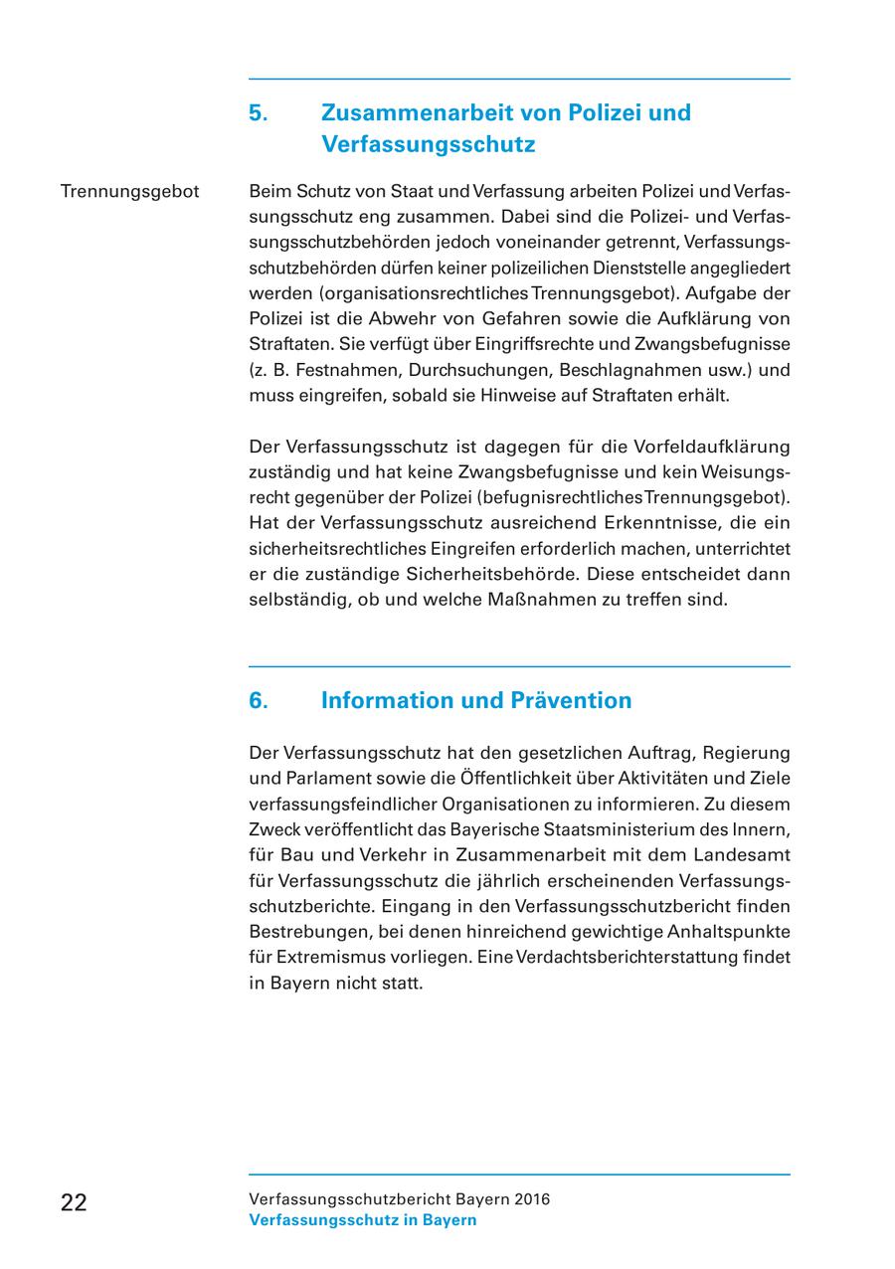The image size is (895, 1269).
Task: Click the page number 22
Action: pos(74,1202)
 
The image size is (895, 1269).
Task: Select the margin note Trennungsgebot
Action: pos(129,190)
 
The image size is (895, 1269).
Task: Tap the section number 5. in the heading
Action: pos(259,112)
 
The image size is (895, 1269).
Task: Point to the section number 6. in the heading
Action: pos(259,700)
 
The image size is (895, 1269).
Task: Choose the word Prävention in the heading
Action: pos(571,700)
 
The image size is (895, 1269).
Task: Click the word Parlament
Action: pos(325,778)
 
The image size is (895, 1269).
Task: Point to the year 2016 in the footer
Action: pos(531,1199)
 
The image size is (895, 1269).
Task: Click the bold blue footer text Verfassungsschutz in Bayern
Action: pos(362,1220)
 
